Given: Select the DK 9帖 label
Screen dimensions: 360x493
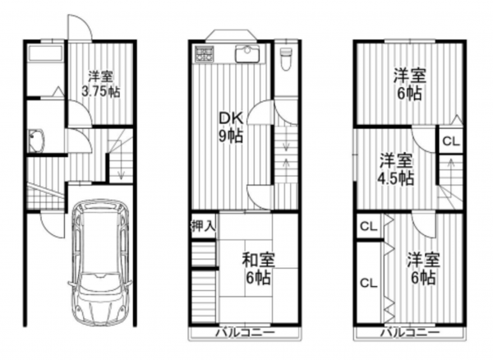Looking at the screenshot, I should (229, 128).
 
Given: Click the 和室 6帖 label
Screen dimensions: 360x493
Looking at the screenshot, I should (258, 269).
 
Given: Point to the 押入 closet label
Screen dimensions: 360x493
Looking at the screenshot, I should (203, 224).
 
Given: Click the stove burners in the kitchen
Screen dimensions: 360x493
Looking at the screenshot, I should (204, 56).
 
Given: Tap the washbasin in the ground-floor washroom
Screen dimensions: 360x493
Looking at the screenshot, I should (37, 141).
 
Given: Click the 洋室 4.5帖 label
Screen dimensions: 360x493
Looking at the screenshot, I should (397, 169).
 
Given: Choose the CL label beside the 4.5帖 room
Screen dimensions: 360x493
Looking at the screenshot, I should (451, 141).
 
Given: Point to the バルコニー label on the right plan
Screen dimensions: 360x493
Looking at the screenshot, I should (408, 334).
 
